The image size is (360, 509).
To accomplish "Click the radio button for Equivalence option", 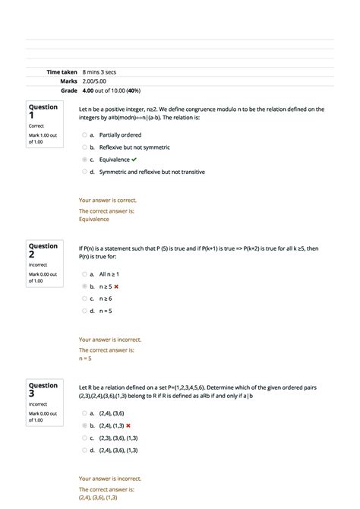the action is [84, 160].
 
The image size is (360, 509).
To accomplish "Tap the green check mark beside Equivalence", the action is [134, 160].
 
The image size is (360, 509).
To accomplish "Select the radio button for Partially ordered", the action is [84, 134].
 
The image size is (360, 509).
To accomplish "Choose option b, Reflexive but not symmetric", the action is [84, 147].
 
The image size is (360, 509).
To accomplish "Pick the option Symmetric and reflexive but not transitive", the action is [84, 172].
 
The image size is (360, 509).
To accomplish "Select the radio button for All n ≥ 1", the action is [84, 273].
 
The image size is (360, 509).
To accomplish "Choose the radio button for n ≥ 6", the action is [84, 299].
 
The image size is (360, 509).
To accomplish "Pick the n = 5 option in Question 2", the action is [84, 311].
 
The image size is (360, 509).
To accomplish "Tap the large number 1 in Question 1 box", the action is [33, 116].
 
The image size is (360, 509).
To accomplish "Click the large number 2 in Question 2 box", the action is [33, 255].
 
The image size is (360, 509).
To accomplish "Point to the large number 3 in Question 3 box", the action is [33, 394].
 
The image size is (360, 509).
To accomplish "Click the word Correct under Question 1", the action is [37, 126].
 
